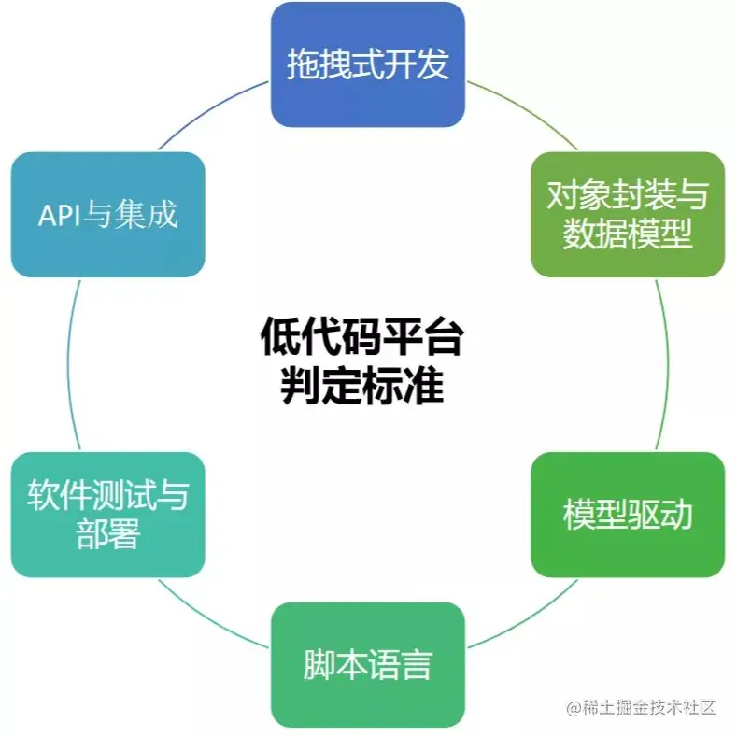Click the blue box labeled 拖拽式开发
click(367, 64)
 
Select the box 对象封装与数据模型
click(627, 214)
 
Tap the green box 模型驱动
click(627, 514)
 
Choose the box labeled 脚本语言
click(367, 664)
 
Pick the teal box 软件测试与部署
click(107, 514)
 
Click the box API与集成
click(107, 214)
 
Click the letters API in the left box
click(60, 216)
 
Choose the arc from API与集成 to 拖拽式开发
click(213, 110)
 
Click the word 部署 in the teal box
click(107, 535)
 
